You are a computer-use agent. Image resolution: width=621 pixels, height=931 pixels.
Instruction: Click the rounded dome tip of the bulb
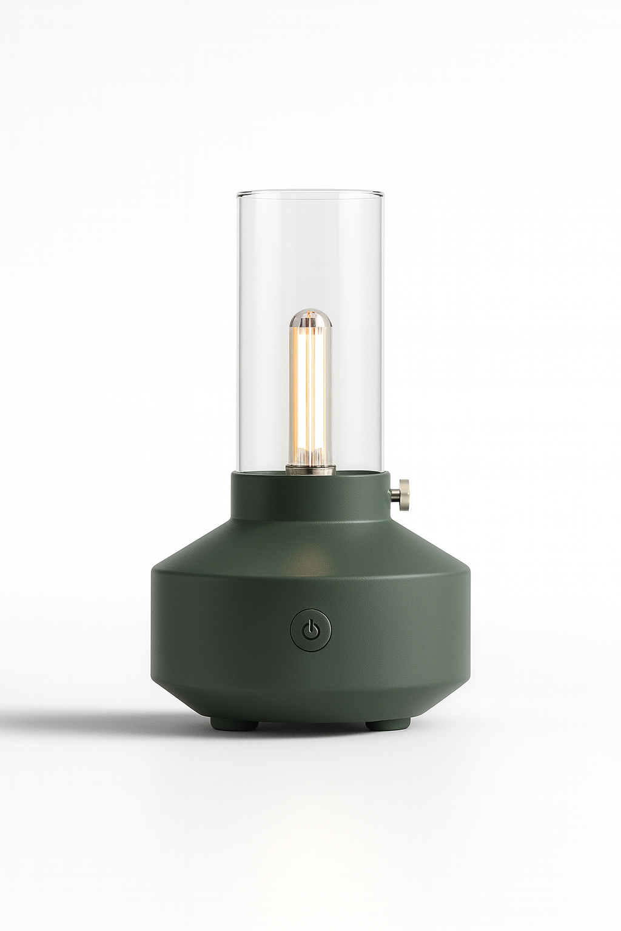pos(310,319)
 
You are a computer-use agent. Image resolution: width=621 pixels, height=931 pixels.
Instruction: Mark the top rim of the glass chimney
pos(310,194)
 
